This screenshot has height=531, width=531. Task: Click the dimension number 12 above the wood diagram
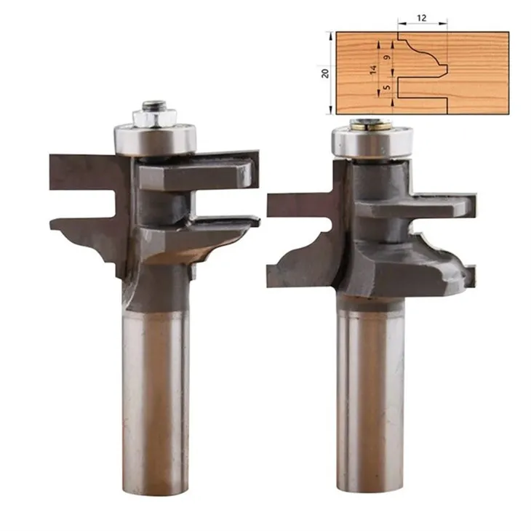click(x=421, y=17)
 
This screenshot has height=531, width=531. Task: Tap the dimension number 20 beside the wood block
click(x=325, y=73)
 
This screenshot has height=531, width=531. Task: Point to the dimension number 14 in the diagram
click(x=373, y=69)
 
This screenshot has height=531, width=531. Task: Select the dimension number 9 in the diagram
click(x=388, y=57)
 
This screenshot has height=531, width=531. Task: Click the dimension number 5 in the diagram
click(x=388, y=87)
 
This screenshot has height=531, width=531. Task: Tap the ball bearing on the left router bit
click(x=155, y=140)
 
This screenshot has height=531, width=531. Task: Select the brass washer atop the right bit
click(x=372, y=126)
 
